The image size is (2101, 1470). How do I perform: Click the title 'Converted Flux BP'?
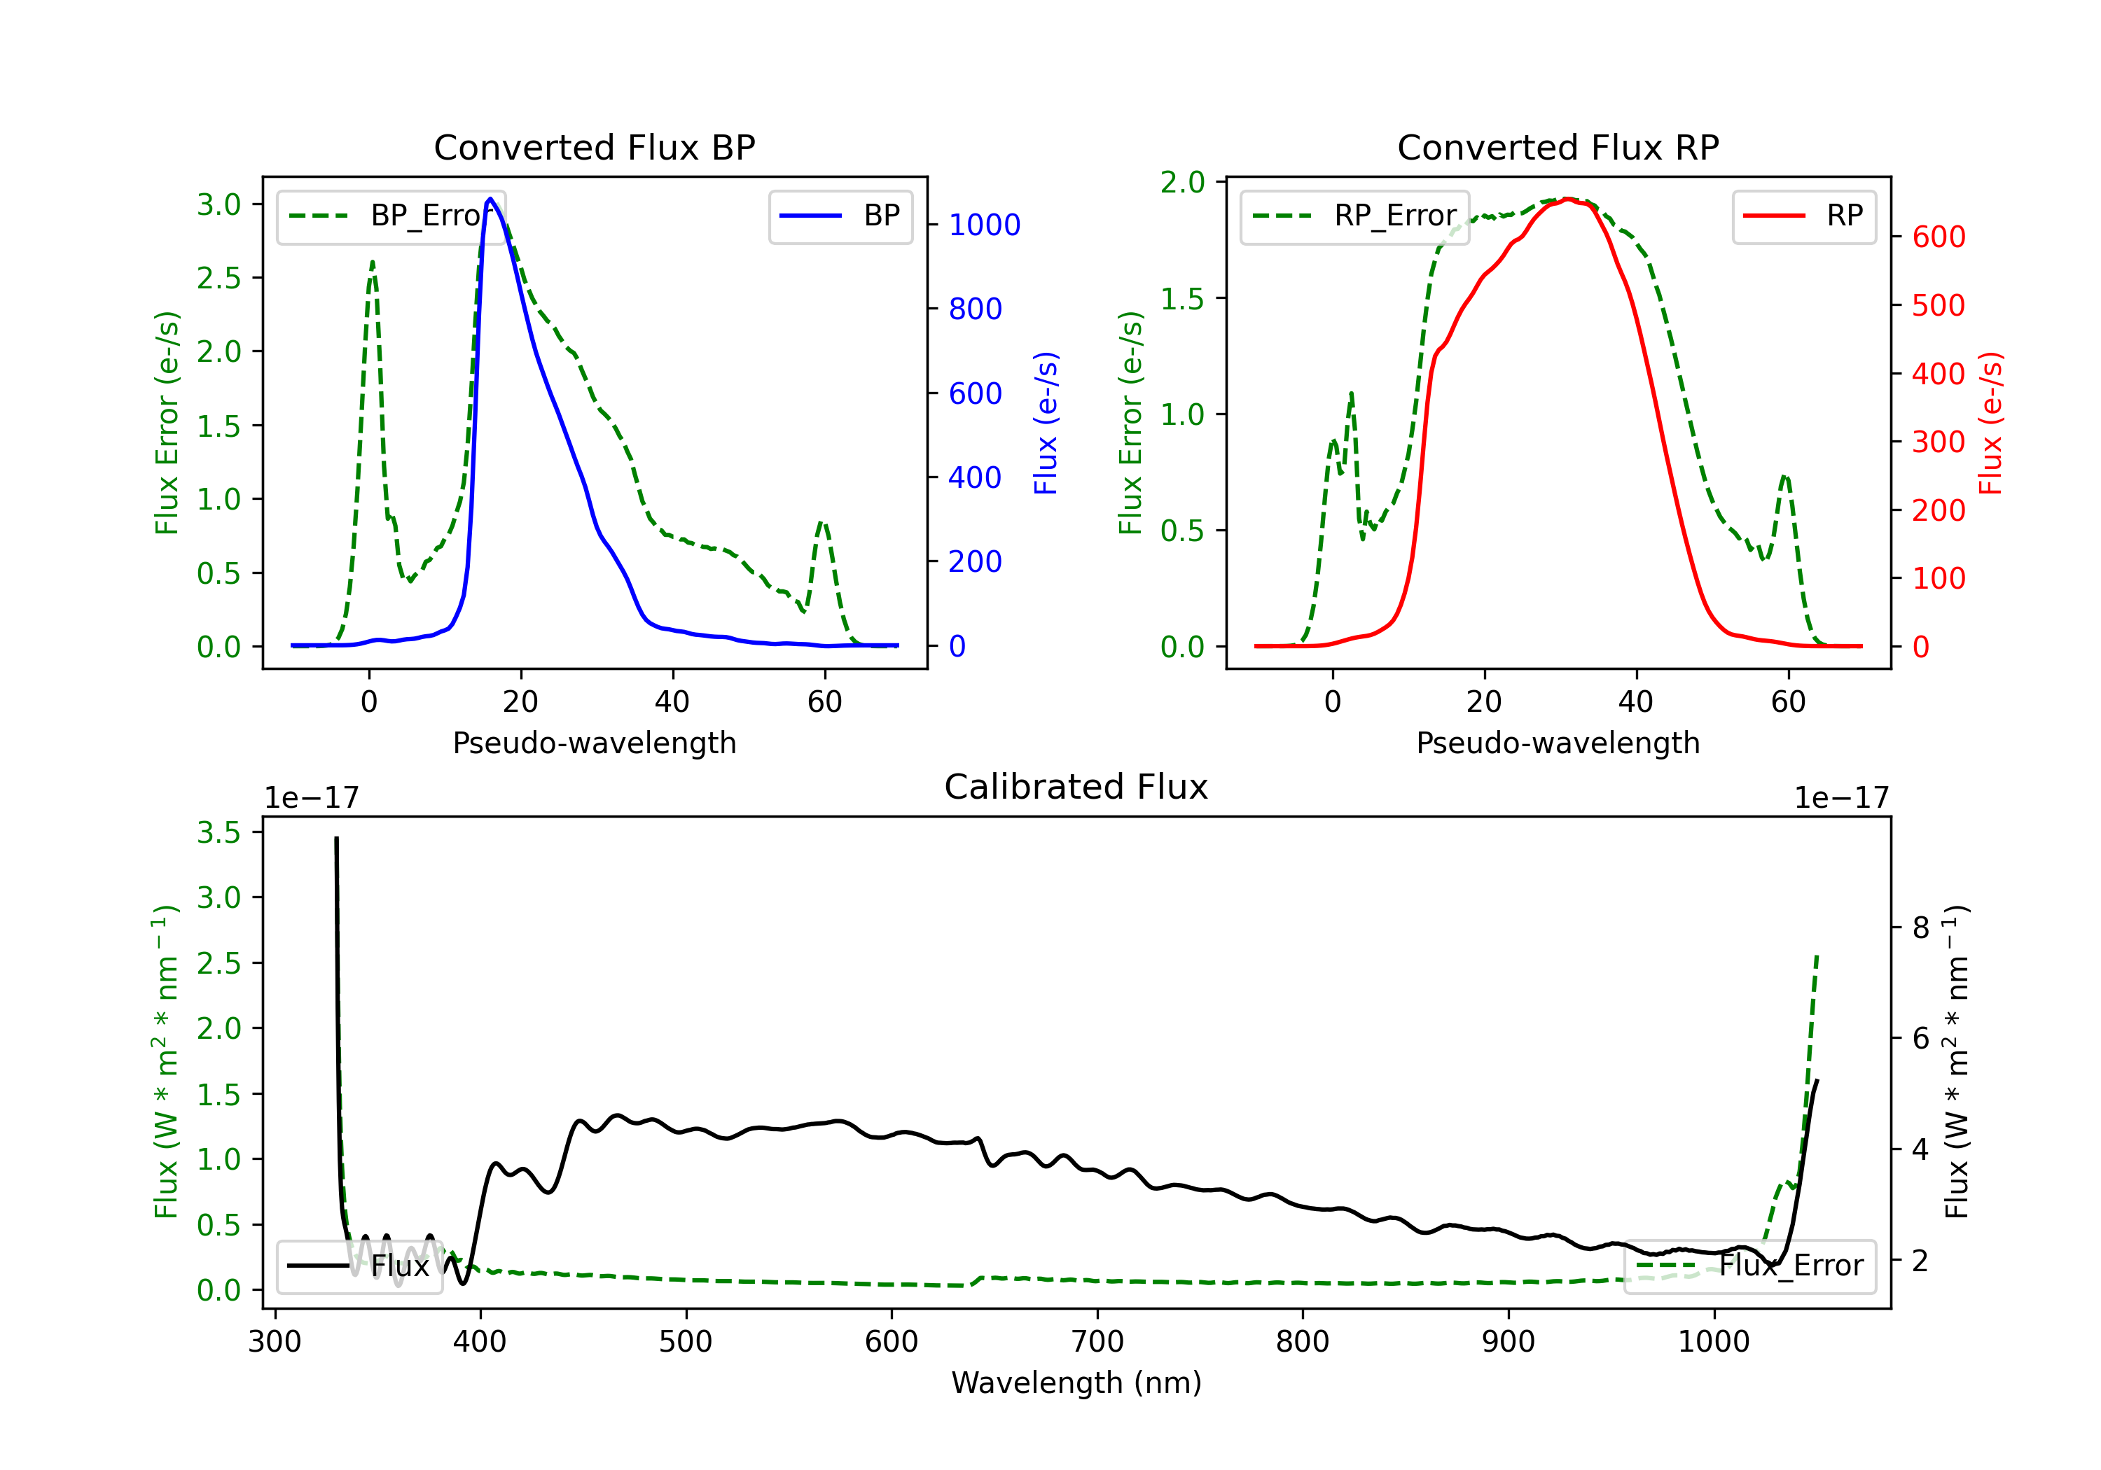pos(594,147)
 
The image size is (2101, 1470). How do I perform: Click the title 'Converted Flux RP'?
pos(1558,147)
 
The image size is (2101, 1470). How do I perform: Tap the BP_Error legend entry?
pos(391,216)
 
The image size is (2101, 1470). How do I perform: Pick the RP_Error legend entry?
pos(1355,216)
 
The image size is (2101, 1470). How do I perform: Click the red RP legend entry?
pos(1803,216)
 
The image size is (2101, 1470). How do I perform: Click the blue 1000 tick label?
pos(984,225)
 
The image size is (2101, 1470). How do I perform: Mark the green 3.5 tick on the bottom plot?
pos(219,832)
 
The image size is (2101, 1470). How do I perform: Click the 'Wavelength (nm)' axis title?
pos(1076,1382)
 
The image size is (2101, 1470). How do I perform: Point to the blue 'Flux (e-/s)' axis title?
pos(1046,423)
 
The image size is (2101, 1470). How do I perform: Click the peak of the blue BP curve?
pos(490,199)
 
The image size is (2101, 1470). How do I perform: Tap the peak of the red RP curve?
pos(1567,199)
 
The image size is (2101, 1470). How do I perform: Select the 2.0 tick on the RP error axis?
pos(1182,182)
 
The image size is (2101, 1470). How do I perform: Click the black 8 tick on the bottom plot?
pos(1920,927)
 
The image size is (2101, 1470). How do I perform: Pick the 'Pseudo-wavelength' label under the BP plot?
pos(594,743)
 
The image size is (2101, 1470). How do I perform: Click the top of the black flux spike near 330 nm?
pos(336,838)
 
